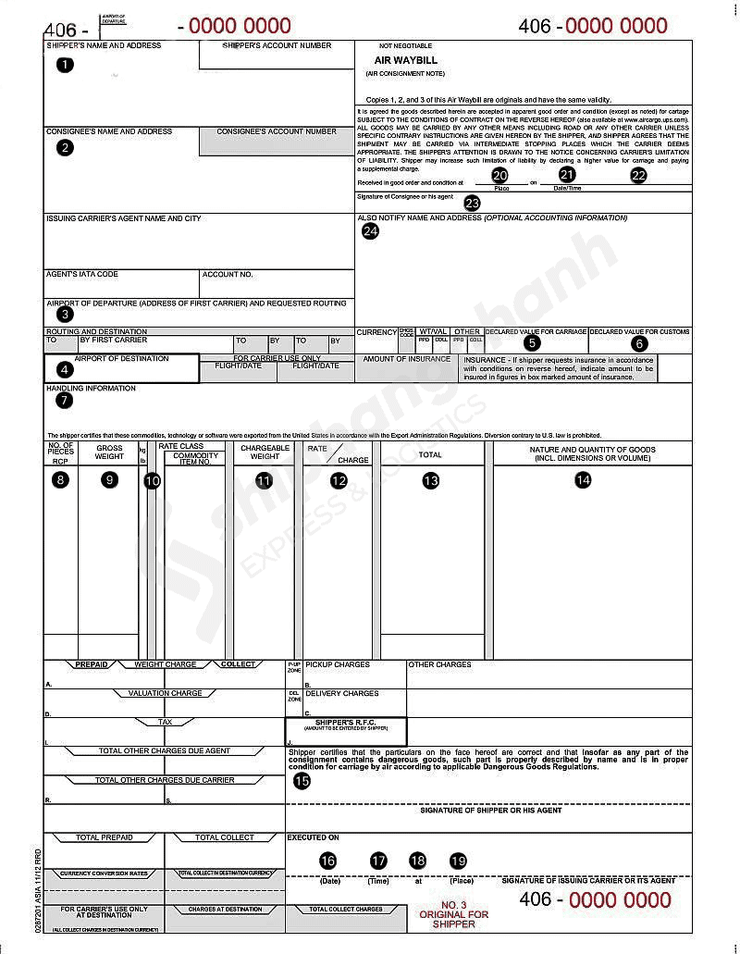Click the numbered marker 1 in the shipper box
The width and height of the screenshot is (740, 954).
click(63, 65)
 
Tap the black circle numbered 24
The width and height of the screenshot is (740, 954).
click(370, 231)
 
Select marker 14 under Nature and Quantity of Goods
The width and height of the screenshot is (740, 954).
click(583, 479)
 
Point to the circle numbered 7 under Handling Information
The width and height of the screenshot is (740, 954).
click(64, 401)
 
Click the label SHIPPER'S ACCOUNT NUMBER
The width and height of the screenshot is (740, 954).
click(277, 45)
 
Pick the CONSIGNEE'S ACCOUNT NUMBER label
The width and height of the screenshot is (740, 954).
click(277, 131)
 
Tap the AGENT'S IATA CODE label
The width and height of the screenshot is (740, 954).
click(82, 274)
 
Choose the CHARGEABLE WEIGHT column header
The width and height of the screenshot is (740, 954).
click(265, 452)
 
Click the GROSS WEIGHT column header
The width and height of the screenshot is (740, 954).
click(109, 452)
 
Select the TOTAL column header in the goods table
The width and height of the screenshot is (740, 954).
click(430, 454)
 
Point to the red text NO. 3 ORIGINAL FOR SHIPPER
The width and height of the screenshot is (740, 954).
click(453, 915)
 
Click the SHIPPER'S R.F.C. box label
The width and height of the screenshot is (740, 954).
click(346, 722)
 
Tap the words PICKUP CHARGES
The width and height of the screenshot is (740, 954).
click(338, 664)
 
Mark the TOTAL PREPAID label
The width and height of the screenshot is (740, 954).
click(104, 837)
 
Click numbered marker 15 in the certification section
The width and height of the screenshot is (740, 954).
click(302, 780)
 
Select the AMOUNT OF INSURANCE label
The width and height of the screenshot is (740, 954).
click(406, 359)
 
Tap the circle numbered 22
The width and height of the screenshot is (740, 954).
click(638, 175)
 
